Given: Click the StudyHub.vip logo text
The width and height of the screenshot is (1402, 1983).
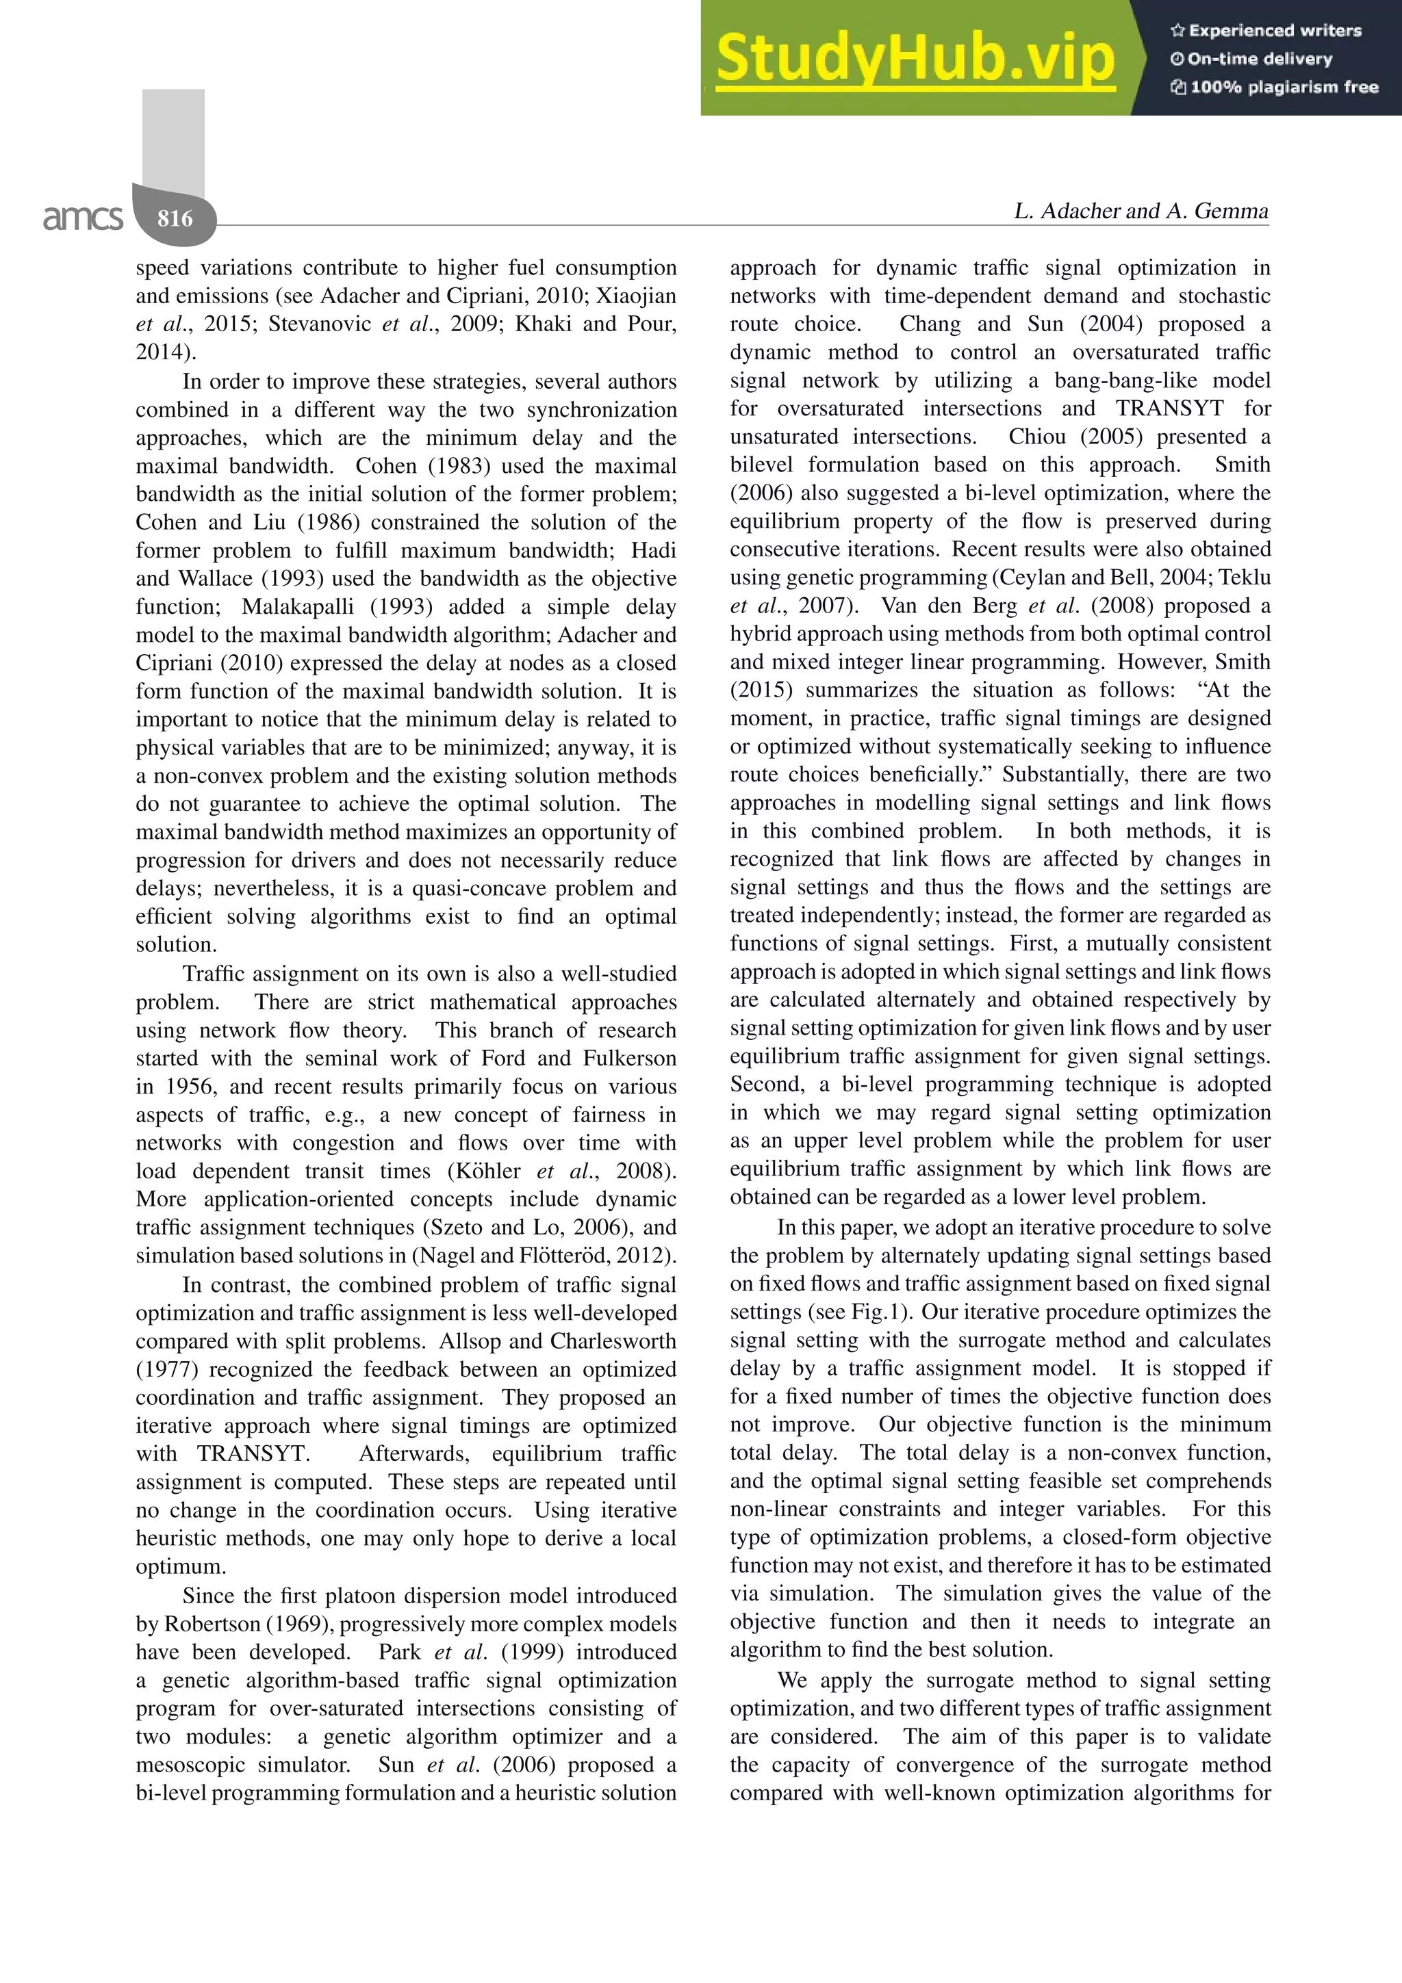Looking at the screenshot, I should tap(914, 59).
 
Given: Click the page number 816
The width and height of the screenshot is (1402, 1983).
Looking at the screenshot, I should tap(175, 218).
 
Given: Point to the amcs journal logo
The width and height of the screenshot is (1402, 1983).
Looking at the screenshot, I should tap(83, 218).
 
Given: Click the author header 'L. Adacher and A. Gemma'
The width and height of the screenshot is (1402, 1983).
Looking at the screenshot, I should tap(1140, 211).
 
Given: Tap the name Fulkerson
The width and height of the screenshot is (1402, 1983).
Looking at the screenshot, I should tap(630, 1059).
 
